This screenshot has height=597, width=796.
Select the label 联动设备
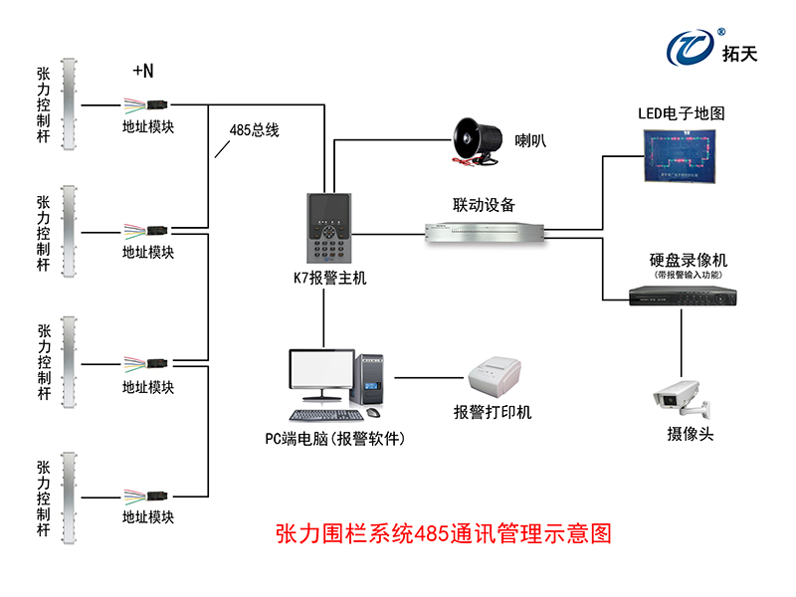pos(484,205)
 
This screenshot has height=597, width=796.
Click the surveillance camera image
pos(680,398)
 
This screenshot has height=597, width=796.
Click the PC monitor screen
pos(321,374)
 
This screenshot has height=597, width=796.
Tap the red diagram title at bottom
pos(443,534)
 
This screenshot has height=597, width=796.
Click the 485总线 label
pos(254,130)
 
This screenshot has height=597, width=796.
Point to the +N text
pos(143,71)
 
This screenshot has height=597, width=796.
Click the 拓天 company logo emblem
pos(691,46)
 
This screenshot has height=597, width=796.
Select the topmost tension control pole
pos(69,104)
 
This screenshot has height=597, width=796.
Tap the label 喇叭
pos(530,140)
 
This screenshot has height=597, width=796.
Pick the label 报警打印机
pos(493,412)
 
